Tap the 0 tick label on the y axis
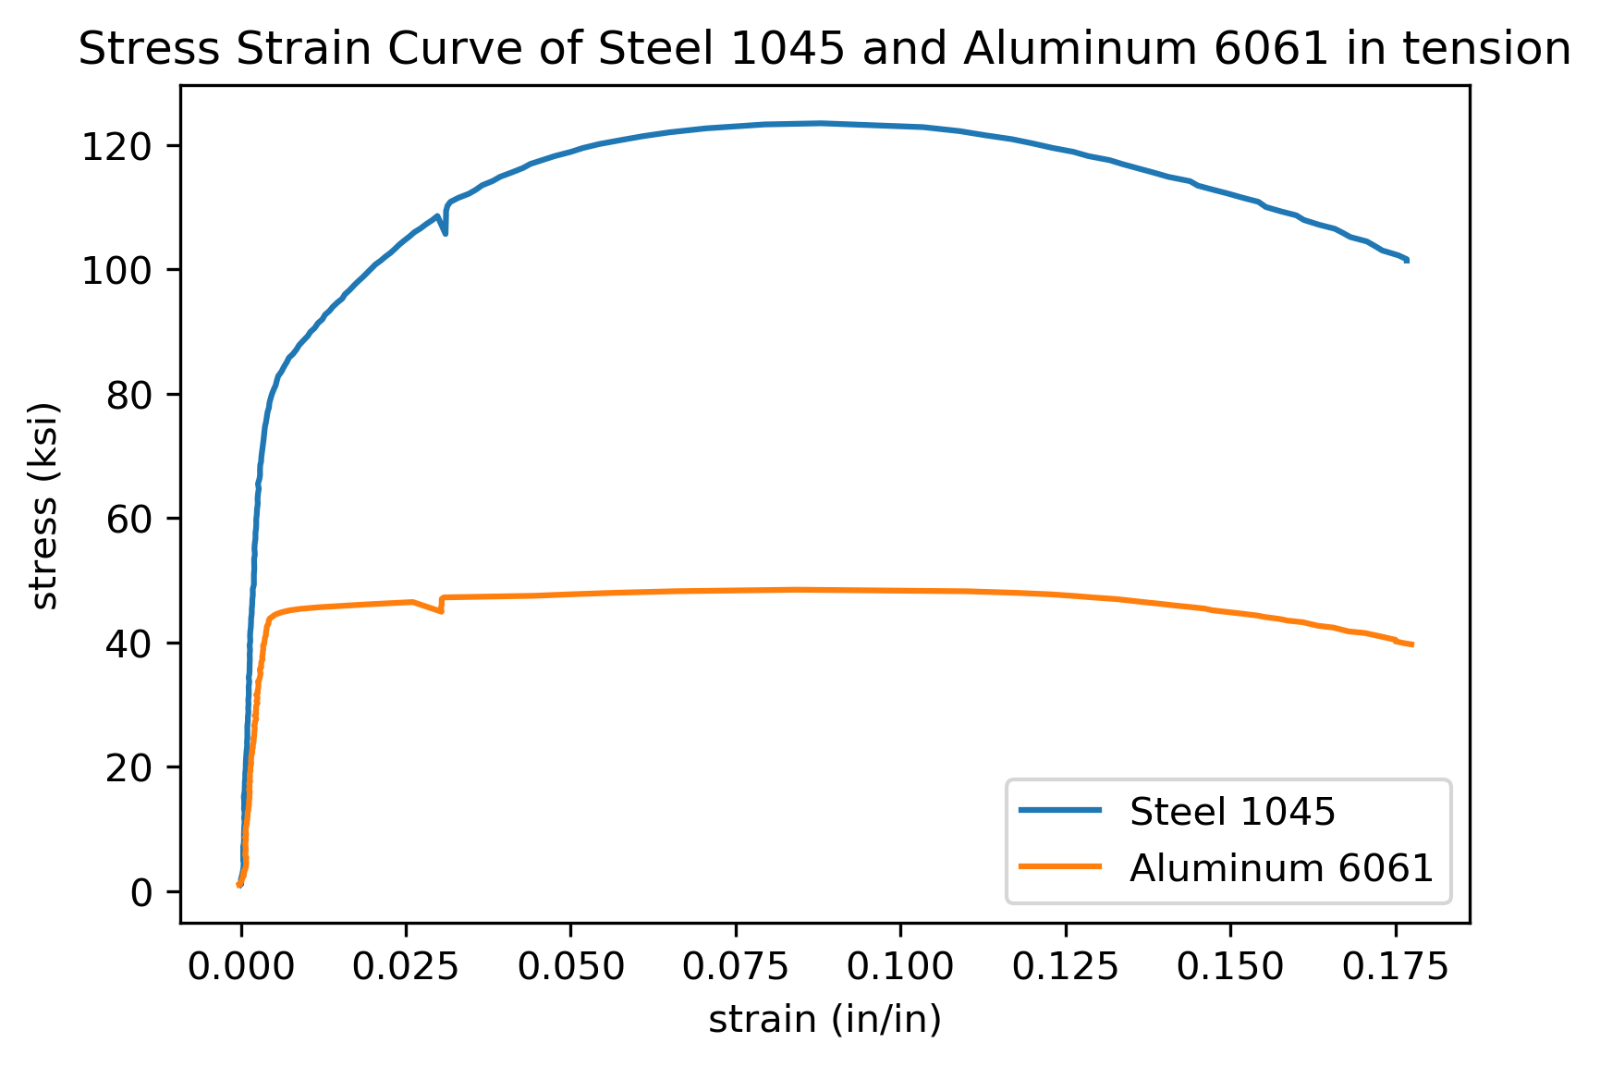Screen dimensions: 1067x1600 pyautogui.click(x=141, y=893)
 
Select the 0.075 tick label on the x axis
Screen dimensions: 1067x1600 pyautogui.click(x=735, y=967)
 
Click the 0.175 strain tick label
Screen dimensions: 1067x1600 pyautogui.click(x=1396, y=967)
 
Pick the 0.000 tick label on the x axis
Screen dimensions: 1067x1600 pyautogui.click(x=240, y=967)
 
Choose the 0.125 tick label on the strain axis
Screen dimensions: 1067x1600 pyautogui.click(x=1065, y=967)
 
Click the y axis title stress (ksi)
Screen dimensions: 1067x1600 pyautogui.click(x=44, y=505)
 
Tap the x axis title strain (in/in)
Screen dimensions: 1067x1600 pyautogui.click(x=824, y=1020)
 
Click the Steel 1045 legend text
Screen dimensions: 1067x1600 pyautogui.click(x=1232, y=812)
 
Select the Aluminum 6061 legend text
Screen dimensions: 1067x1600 pyautogui.click(x=1280, y=868)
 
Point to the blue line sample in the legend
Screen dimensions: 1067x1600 pyautogui.click(x=1060, y=811)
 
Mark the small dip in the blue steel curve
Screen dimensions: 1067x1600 pyautogui.click(x=445, y=232)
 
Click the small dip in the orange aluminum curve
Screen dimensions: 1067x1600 pyautogui.click(x=441, y=610)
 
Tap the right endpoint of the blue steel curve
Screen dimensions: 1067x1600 pyautogui.click(x=1407, y=261)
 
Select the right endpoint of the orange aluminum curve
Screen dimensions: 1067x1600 pyautogui.click(x=1412, y=644)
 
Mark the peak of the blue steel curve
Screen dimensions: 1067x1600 pyautogui.click(x=819, y=123)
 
